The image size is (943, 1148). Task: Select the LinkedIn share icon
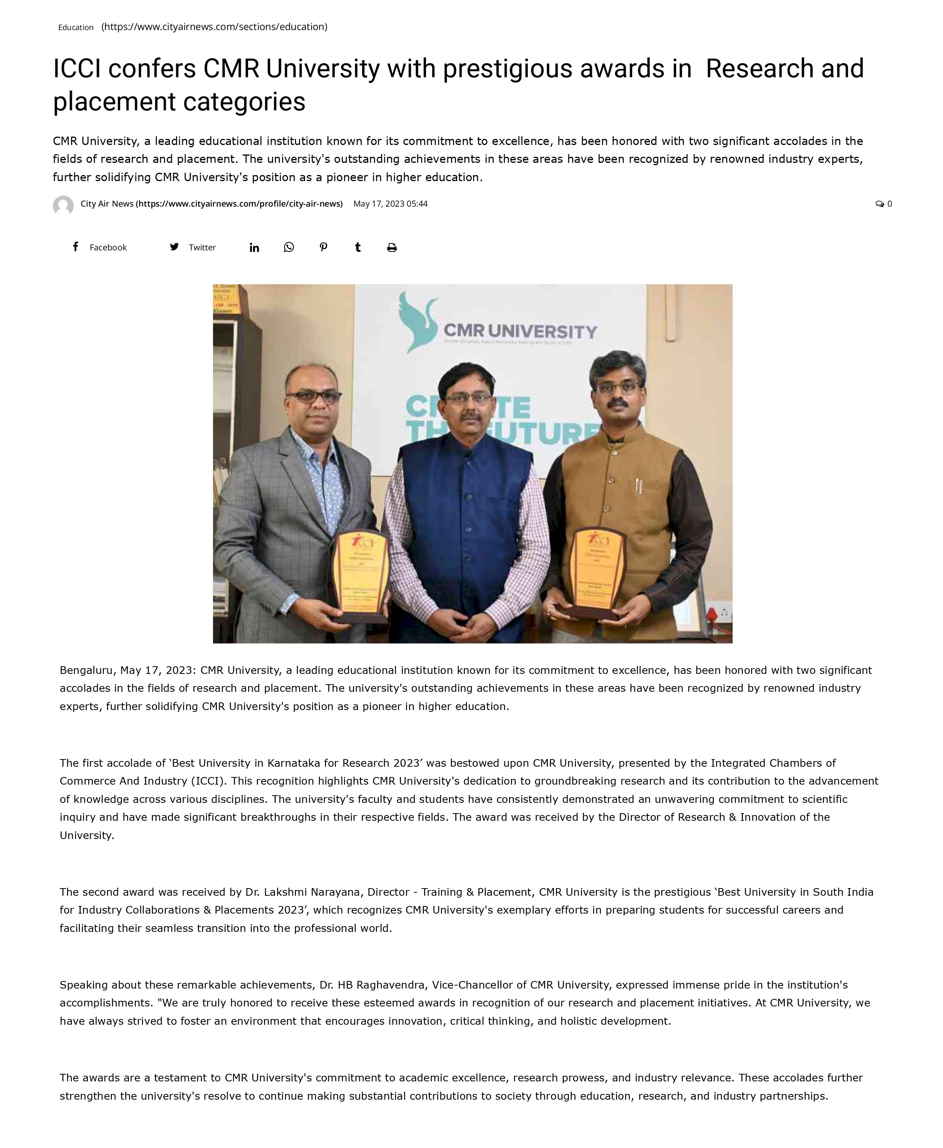[254, 248]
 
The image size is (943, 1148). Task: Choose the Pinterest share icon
[323, 247]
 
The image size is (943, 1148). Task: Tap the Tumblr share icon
[358, 247]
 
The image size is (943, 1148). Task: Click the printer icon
[392, 248]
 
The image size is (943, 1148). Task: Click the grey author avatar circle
[63, 206]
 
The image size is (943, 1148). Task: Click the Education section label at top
[75, 27]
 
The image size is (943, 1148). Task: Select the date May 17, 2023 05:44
[390, 204]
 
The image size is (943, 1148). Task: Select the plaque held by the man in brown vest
[598, 573]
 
